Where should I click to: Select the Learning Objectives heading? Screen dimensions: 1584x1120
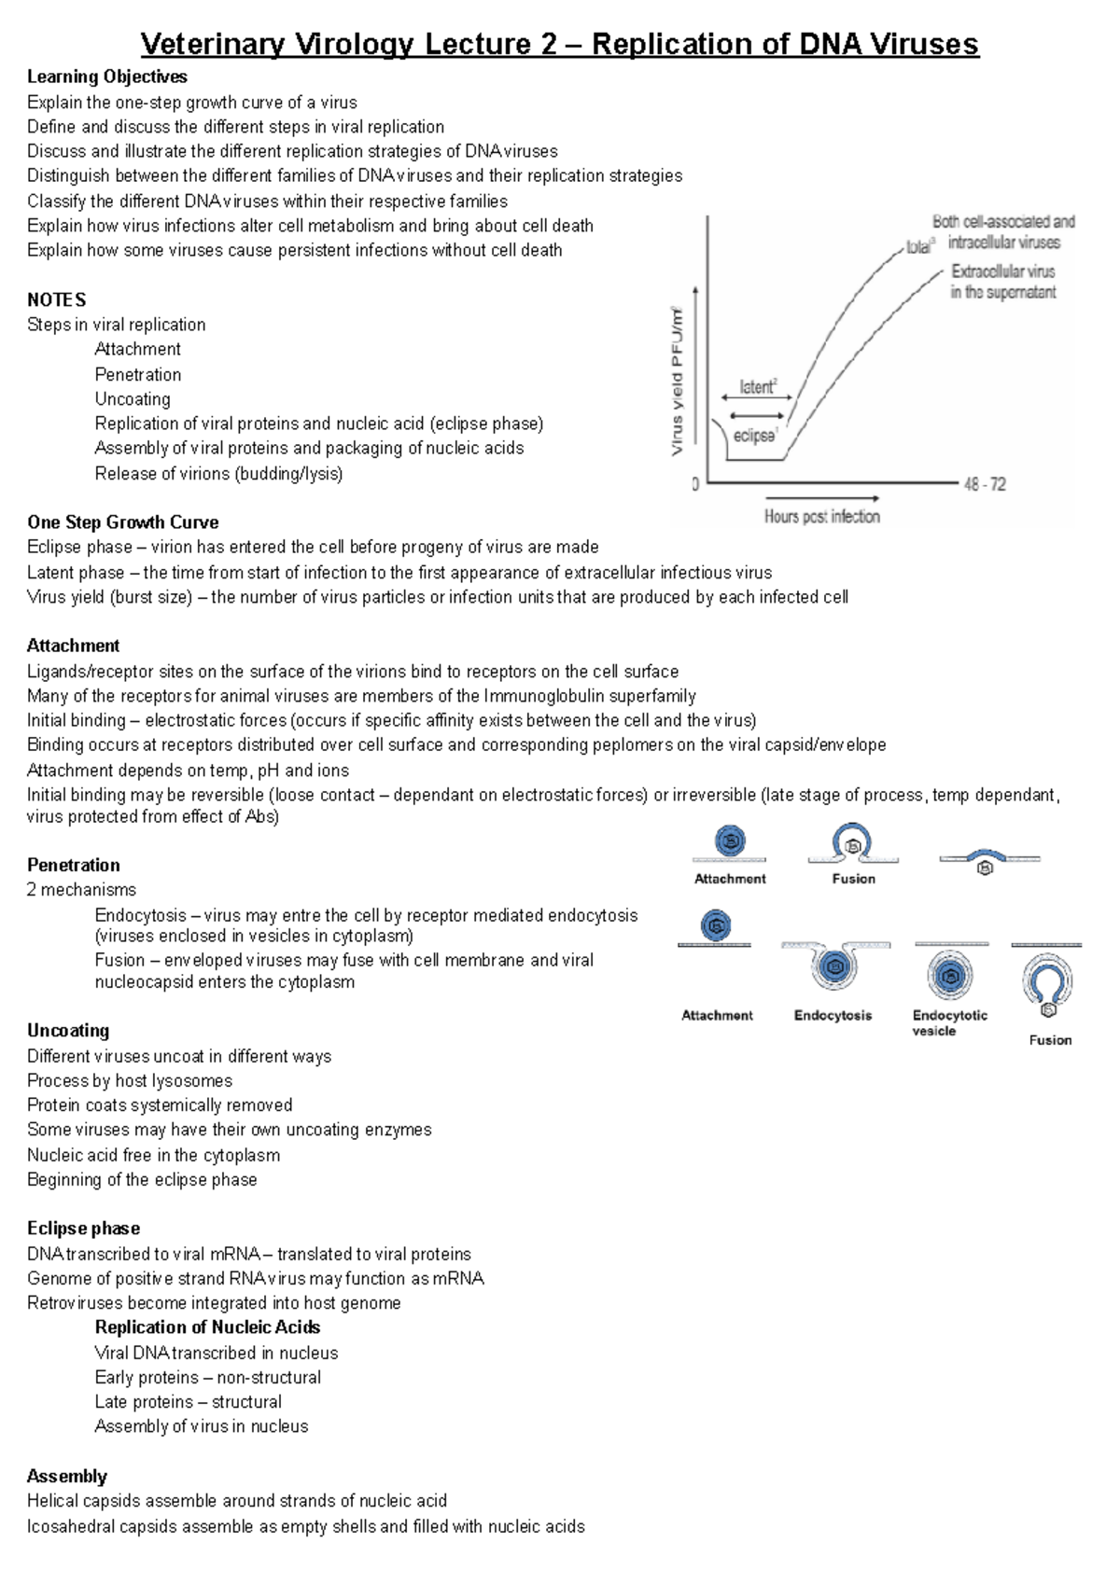click(106, 76)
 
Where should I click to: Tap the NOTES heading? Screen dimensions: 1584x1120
click(56, 299)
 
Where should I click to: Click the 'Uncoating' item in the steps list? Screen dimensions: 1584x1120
click(133, 399)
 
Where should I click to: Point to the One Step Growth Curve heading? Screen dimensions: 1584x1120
click(122, 522)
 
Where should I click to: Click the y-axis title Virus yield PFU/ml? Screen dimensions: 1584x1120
click(678, 382)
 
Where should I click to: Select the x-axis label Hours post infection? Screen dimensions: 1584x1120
click(821, 517)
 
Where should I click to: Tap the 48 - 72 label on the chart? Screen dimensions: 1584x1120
click(985, 484)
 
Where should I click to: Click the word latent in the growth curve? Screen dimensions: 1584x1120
click(757, 387)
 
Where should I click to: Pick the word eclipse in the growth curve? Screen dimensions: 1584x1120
click(754, 436)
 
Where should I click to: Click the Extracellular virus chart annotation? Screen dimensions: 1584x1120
click(1002, 271)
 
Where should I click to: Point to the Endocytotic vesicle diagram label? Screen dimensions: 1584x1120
click(948, 1022)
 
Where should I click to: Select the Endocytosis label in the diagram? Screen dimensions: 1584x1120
click(833, 1015)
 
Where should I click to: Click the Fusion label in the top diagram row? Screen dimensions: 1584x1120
click(853, 879)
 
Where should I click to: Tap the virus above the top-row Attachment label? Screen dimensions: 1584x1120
click(731, 841)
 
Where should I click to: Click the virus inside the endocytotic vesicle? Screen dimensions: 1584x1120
click(950, 977)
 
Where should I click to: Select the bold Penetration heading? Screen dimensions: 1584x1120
click(73, 865)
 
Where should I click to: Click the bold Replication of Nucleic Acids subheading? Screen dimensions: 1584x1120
click(207, 1327)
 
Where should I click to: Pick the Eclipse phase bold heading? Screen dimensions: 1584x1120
click(83, 1229)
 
